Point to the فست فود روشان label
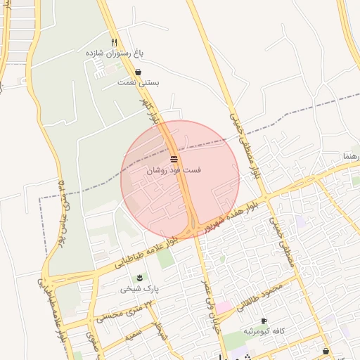(173, 170)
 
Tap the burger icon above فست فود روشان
(173, 158)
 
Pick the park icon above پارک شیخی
(140, 277)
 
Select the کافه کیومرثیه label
(264, 330)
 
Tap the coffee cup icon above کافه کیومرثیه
(264, 320)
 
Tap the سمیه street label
(134, 333)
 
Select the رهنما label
(350, 155)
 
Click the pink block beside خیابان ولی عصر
(224, 307)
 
